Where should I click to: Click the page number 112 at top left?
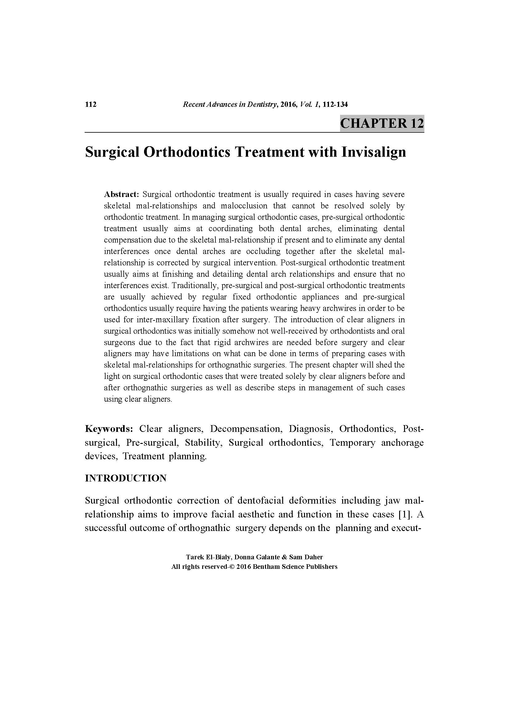pyautogui.click(x=90, y=104)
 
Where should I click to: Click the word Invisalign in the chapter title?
pyautogui.click(x=374, y=152)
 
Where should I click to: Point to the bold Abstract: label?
pyautogui.click(x=121, y=195)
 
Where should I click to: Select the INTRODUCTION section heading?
pyautogui.click(x=126, y=478)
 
